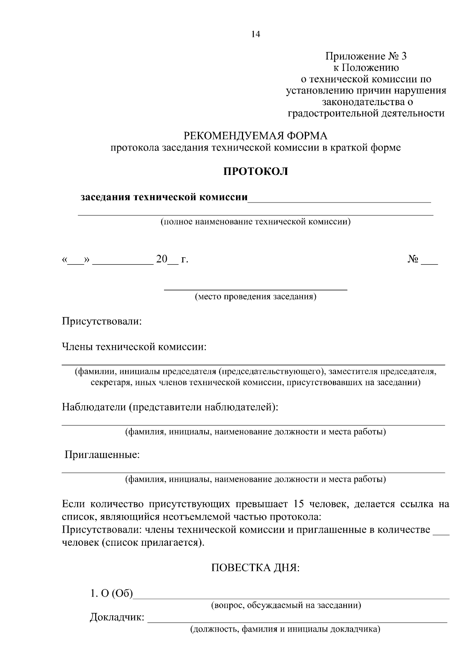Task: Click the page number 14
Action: [x=256, y=34]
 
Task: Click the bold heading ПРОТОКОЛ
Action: [x=256, y=172]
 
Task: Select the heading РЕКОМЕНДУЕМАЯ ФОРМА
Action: [x=256, y=136]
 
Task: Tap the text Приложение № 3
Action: [x=366, y=56]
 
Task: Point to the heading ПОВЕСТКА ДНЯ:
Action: [x=256, y=568]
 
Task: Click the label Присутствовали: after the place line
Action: [x=101, y=321]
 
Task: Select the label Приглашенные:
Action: [x=102, y=455]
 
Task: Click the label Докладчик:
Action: [x=117, y=617]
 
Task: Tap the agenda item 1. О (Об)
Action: [x=112, y=593]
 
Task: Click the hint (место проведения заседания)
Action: [x=256, y=297]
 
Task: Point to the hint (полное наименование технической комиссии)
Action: [x=256, y=222]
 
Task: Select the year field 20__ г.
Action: [x=172, y=260]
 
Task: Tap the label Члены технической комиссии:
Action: [x=134, y=347]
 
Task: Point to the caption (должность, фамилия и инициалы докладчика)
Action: [x=285, y=629]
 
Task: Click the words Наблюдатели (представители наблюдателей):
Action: [x=170, y=407]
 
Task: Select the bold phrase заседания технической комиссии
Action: [x=164, y=197]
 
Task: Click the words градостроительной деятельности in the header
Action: [x=366, y=114]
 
